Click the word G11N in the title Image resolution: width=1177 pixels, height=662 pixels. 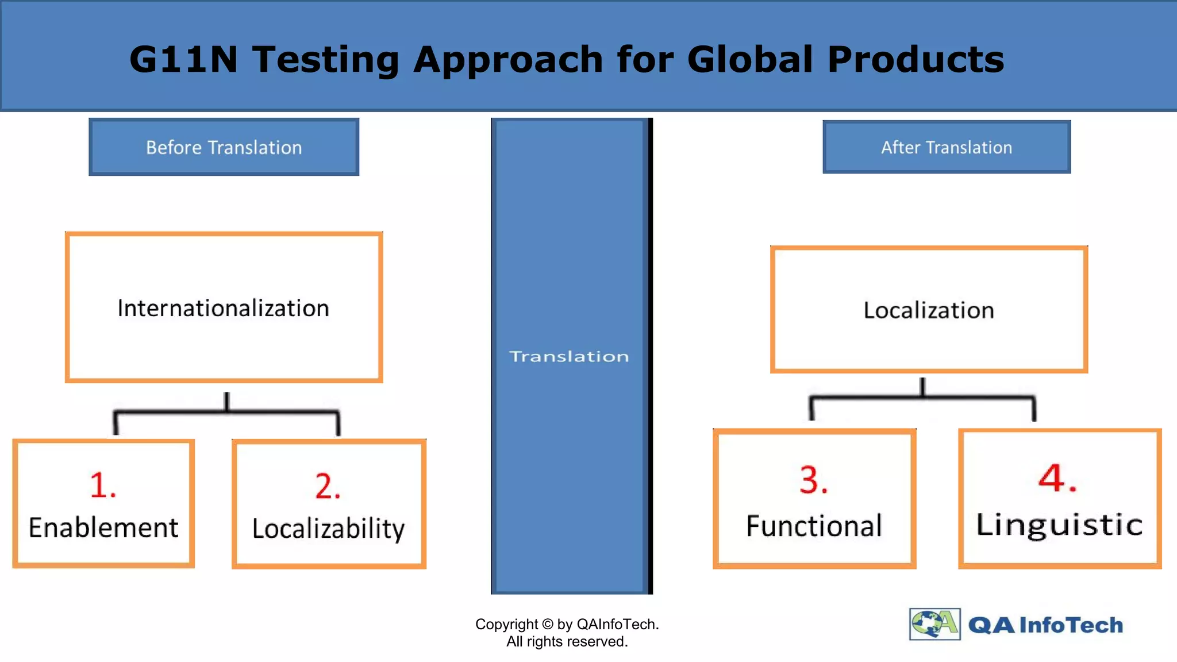click(183, 59)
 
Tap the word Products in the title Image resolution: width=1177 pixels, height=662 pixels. click(915, 59)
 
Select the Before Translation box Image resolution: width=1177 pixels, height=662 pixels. click(224, 147)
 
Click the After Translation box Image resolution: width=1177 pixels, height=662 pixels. click(946, 147)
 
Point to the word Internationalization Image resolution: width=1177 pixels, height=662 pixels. click(223, 309)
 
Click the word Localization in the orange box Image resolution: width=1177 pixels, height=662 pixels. click(928, 310)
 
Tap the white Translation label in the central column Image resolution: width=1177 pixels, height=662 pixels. click(569, 356)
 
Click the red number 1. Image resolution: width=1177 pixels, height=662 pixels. click(102, 485)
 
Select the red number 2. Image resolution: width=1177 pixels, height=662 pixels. click(328, 486)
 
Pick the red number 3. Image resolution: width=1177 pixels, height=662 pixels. click(813, 480)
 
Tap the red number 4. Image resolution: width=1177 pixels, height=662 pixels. click(1057, 478)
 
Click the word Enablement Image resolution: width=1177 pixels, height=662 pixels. click(103, 528)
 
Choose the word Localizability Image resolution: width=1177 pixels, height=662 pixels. click(328, 529)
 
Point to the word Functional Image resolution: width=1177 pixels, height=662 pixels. click(814, 526)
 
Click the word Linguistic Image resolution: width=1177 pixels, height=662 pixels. click(1059, 525)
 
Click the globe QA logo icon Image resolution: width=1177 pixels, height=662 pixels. click(934, 624)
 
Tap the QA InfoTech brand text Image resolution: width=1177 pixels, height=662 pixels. click(1045, 625)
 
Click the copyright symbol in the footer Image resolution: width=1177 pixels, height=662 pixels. click(547, 624)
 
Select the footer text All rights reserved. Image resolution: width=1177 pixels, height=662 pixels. click(567, 641)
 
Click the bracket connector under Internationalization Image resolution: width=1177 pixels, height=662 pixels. click(226, 411)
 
